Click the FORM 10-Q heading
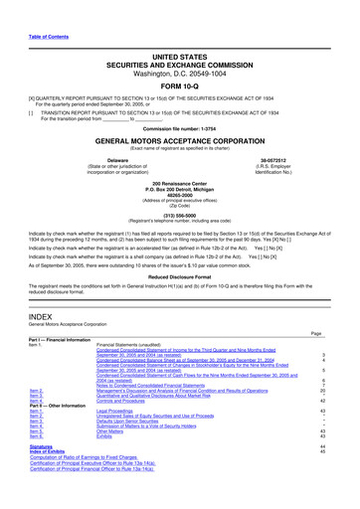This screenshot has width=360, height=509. click(x=179, y=85)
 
